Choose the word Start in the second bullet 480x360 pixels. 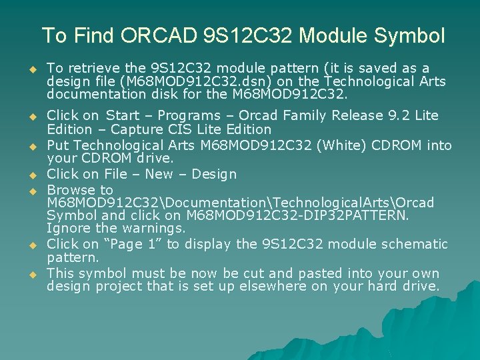tap(123, 115)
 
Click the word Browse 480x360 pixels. tap(73, 191)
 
